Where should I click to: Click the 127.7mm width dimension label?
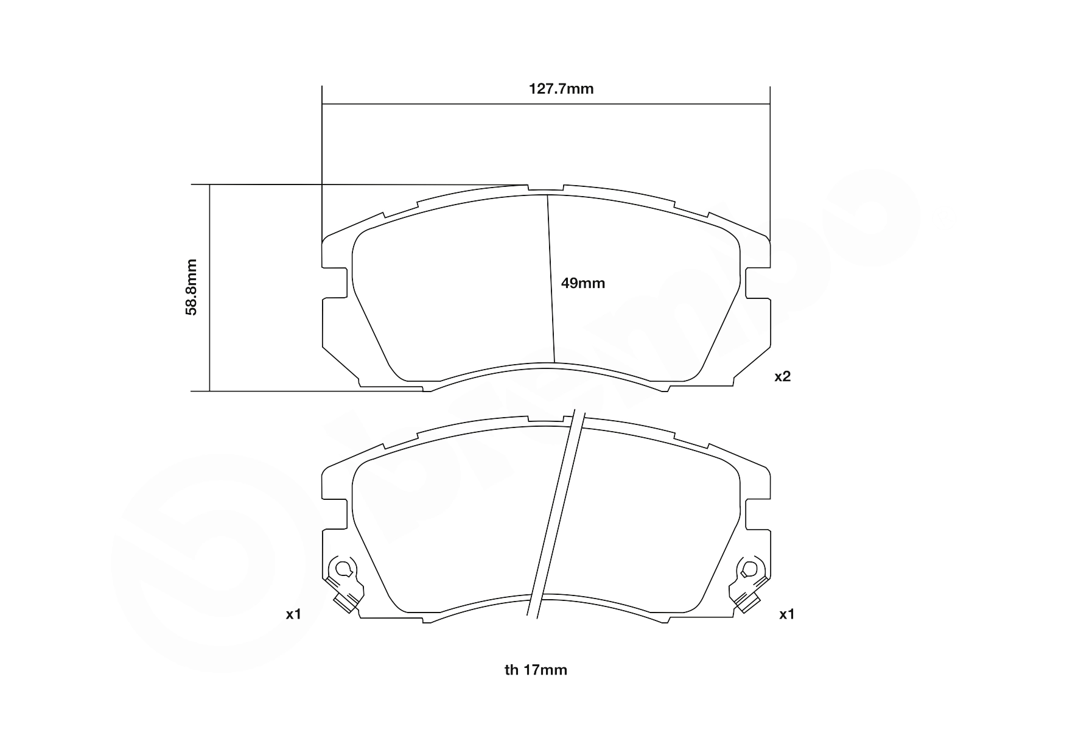click(561, 89)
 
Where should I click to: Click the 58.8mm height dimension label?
click(192, 287)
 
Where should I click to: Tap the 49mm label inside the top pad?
click(583, 283)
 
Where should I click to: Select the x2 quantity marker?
click(782, 377)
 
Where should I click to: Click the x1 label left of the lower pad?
click(294, 614)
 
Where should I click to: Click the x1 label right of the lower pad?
click(787, 614)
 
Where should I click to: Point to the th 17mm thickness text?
click(536, 670)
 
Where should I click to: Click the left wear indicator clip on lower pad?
click(345, 584)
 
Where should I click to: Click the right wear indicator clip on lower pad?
click(747, 584)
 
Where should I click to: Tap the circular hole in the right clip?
click(749, 569)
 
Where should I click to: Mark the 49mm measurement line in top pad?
click(551, 280)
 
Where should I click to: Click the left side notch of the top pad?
click(335, 283)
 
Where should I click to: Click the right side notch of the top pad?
click(757, 283)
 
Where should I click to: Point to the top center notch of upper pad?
click(545, 189)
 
